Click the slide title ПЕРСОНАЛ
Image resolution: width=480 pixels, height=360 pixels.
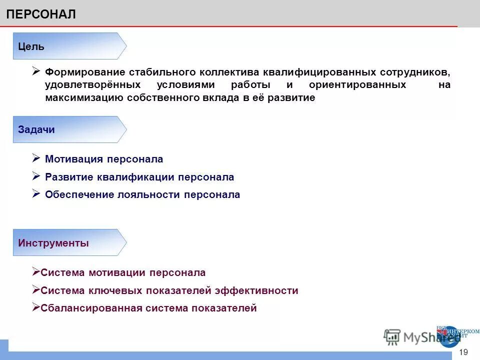(x=41, y=14)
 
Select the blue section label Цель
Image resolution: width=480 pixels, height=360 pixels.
(x=31, y=46)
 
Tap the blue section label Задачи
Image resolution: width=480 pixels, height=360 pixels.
(x=36, y=129)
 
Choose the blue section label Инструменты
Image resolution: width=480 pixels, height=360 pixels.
(x=53, y=243)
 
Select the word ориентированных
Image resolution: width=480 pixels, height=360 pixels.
(x=357, y=85)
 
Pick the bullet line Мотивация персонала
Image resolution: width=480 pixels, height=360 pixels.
(x=104, y=159)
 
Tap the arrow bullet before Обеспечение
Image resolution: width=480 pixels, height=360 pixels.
(x=36, y=193)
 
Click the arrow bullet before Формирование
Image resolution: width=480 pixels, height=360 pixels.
(x=36, y=71)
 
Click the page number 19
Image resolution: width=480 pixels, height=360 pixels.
(x=463, y=352)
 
